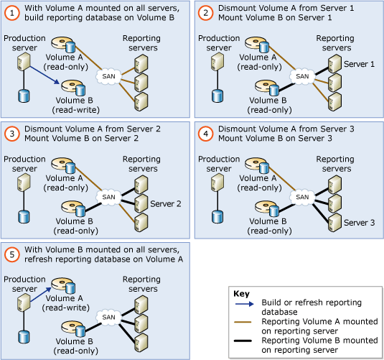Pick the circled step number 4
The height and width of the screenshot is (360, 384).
[207, 133]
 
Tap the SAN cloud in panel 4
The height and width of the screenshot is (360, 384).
[302, 196]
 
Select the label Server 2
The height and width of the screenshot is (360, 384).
[165, 203]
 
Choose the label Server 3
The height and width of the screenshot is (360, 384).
[359, 223]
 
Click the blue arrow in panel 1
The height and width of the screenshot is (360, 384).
[44, 78]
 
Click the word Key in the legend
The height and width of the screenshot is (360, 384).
[241, 293]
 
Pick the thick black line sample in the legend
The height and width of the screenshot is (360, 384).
[244, 340]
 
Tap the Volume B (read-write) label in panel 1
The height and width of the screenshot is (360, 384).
[75, 105]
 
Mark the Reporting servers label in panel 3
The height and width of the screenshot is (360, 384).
[141, 163]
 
